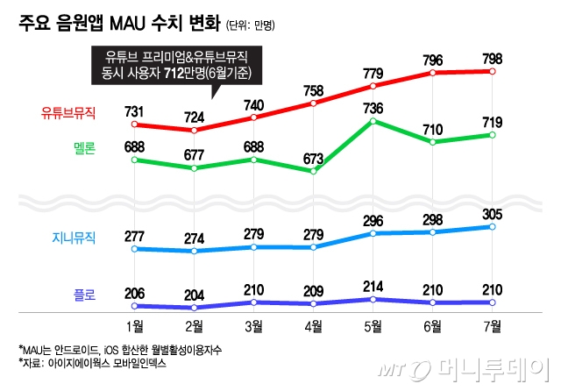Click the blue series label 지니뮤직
pyautogui.click(x=74, y=237)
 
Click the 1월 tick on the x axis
pyautogui.click(x=135, y=327)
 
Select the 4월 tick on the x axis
pyautogui.click(x=313, y=327)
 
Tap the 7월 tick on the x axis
pyautogui.click(x=492, y=327)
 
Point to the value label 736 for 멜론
pyautogui.click(x=373, y=108)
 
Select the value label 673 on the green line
pyautogui.click(x=313, y=158)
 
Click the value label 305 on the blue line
pyautogui.click(x=492, y=213)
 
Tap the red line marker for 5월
pyautogui.click(x=373, y=86)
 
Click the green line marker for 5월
pyautogui.click(x=373, y=121)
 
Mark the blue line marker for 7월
pyautogui.click(x=492, y=226)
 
